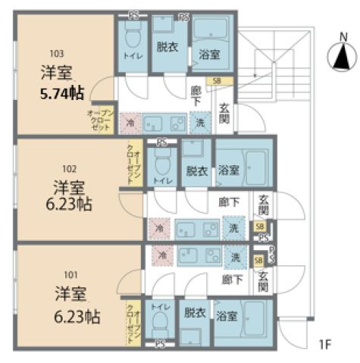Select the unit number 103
pyautogui.click(x=57, y=54)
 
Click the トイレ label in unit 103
pyautogui.click(x=130, y=55)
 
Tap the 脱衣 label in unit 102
pyautogui.click(x=196, y=171)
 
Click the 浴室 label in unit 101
pyautogui.click(x=225, y=315)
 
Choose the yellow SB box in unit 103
pyautogui.click(x=218, y=80)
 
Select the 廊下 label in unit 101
pyautogui.click(x=232, y=279)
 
